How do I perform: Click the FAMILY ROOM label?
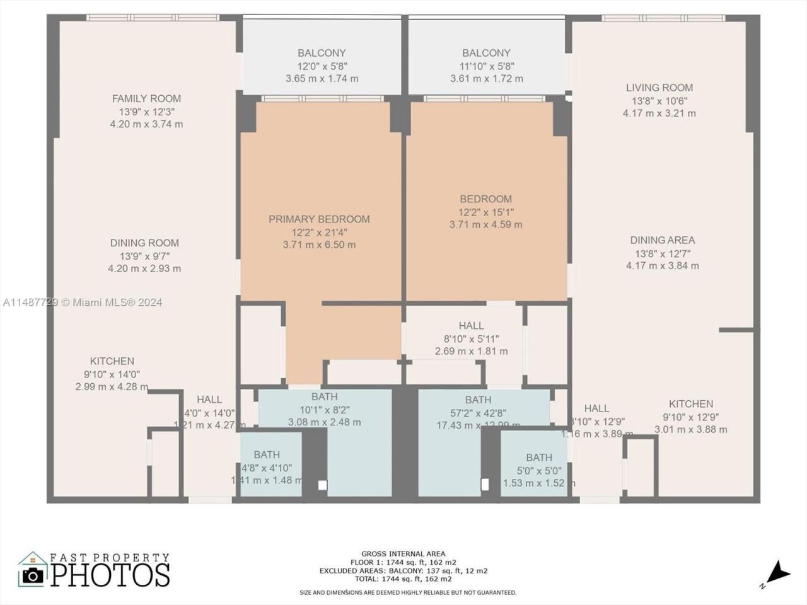coord(146,98)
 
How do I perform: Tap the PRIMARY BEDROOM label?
coord(319,219)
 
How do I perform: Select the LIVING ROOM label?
coord(659,88)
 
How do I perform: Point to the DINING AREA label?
coord(662,240)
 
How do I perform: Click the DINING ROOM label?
coord(144,243)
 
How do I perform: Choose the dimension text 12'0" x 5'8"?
coord(322,66)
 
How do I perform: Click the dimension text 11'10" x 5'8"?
coord(486,66)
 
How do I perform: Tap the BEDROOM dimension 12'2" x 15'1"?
coord(485,212)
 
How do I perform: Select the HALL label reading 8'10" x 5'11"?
coord(471,326)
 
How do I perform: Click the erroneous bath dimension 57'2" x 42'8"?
coord(478,413)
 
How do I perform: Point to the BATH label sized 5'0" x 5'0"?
coord(539,458)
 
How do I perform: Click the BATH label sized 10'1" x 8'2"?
coord(324,396)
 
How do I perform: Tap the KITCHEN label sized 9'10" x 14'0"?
coord(112,361)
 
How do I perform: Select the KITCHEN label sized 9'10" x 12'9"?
coord(691,404)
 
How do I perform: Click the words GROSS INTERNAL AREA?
coord(403,554)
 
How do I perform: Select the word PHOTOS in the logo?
coord(110,575)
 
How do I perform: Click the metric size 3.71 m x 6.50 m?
coord(319,245)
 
